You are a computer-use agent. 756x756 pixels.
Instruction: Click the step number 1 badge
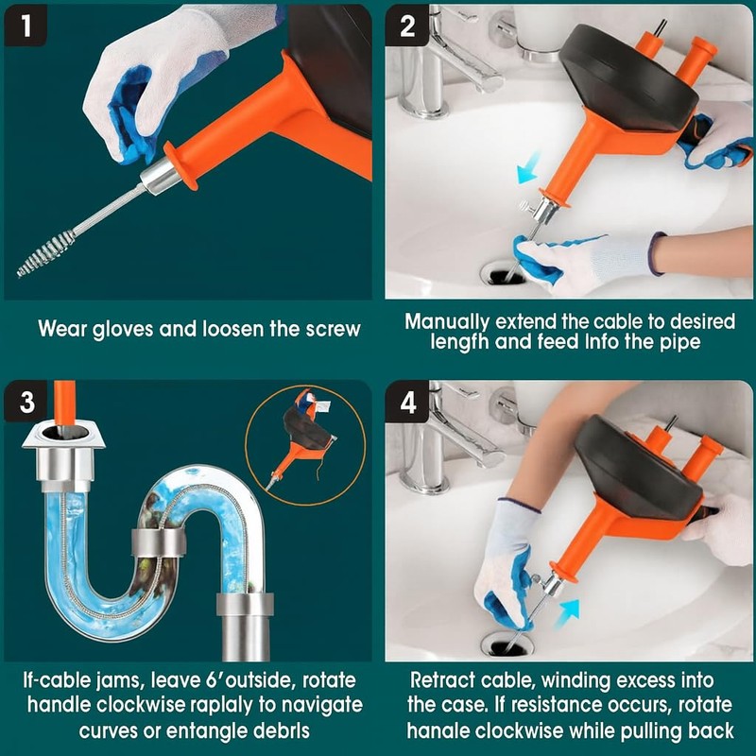coord(26,26)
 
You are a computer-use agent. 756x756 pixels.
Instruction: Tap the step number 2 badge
coord(407,26)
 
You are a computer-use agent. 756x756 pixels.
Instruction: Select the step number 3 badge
coord(26,404)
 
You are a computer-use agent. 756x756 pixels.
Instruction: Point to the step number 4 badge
coord(407,404)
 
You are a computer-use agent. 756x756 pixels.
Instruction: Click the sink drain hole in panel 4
coord(502,645)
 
